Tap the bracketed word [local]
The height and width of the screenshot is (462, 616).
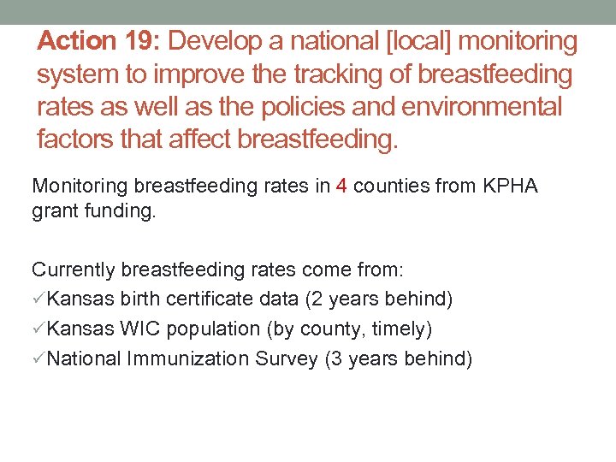click(394, 41)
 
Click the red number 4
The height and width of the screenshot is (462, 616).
click(342, 186)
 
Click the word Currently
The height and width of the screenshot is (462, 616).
click(74, 269)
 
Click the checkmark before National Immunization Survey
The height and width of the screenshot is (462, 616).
click(39, 359)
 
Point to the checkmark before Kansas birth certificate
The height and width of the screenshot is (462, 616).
click(39, 299)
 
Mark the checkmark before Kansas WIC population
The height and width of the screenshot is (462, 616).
click(39, 329)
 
